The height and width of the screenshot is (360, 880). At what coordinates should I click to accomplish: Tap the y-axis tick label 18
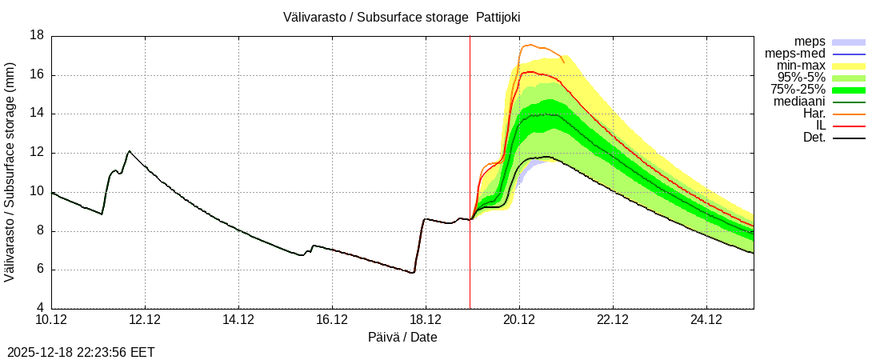tap(37, 36)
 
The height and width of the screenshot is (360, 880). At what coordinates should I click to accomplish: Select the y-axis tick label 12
tap(37, 153)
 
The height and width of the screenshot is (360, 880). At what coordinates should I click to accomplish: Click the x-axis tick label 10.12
tap(51, 320)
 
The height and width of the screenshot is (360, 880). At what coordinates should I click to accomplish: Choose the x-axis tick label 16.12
tap(332, 320)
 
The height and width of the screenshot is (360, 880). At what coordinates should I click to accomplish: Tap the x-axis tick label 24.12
tap(706, 320)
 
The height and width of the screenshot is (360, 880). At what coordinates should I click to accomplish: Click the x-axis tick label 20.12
tap(519, 320)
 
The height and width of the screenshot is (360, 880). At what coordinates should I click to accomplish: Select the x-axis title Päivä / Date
tap(402, 337)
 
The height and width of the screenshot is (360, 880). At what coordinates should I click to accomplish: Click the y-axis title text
tap(10, 172)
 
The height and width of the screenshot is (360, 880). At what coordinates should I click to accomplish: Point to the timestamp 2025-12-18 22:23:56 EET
tap(81, 352)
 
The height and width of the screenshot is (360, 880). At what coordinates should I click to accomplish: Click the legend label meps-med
tap(795, 54)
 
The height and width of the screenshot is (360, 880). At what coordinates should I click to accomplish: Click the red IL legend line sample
tap(849, 126)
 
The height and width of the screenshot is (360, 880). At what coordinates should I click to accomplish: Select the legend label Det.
tap(814, 138)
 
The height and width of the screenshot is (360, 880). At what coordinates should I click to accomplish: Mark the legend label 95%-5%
tap(802, 78)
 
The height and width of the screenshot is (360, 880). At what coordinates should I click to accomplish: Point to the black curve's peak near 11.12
tap(129, 151)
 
